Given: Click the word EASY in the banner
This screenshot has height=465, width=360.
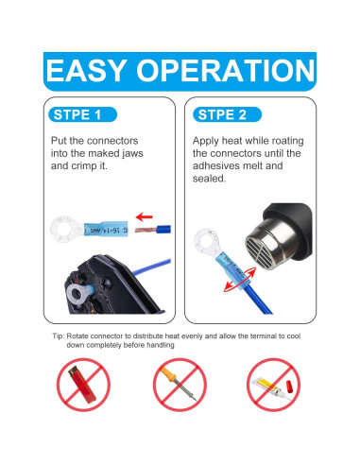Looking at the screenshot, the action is tap(86, 71).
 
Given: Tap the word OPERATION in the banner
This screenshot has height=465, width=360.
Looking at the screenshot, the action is tap(225, 71).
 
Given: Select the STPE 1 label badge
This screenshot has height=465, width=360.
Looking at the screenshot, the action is tap(83, 114).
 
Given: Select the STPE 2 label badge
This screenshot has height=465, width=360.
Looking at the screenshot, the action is tap(227, 114).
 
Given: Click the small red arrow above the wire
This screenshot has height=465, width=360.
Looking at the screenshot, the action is tap(144, 216).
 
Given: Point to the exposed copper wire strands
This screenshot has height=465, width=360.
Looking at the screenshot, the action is tap(146, 230).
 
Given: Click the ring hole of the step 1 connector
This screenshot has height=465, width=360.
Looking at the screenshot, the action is tap(65, 229).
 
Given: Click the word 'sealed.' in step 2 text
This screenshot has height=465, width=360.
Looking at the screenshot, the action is tap(210, 179).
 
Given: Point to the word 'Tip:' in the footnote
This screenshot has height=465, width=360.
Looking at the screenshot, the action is tap(59, 336).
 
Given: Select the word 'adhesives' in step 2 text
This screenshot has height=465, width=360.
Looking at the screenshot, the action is tap(214, 166).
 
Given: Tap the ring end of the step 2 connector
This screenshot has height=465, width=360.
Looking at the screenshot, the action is tap(206, 242).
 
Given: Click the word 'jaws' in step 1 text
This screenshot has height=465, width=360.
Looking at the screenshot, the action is tap(132, 154).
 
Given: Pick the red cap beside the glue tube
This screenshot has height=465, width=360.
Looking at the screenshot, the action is tap(288, 387).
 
